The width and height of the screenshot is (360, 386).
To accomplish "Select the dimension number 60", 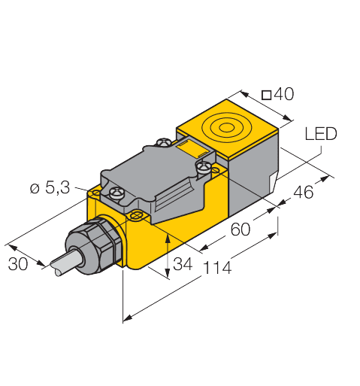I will pos(239,230).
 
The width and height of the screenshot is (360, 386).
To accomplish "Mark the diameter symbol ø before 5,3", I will pos(34,190).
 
